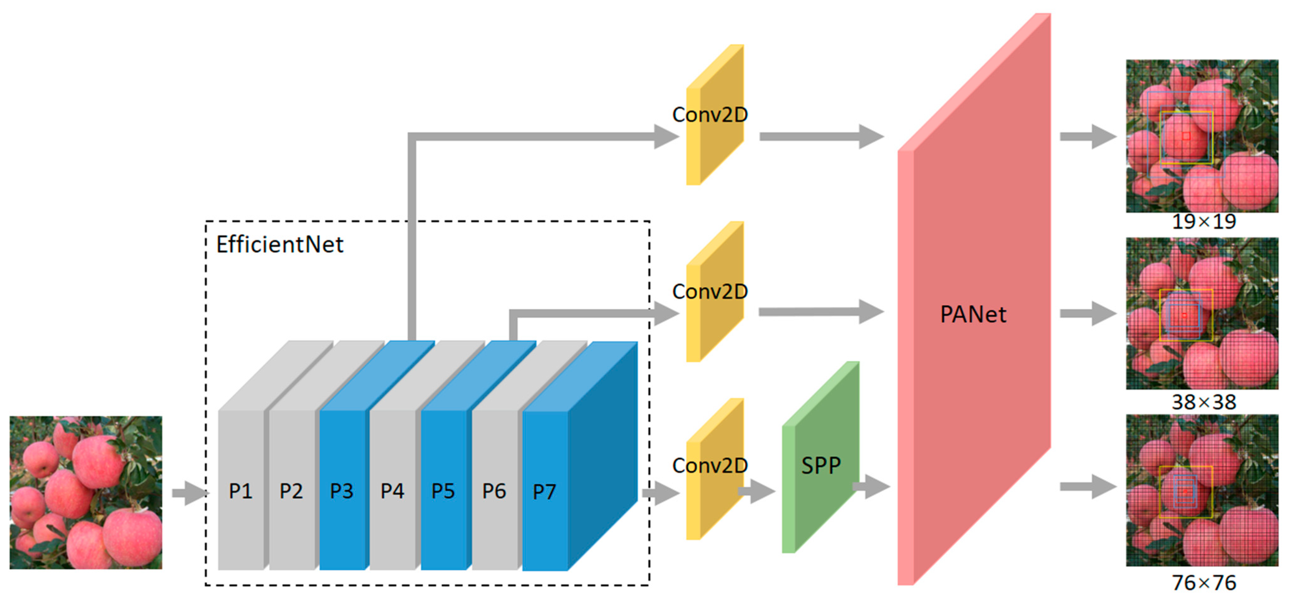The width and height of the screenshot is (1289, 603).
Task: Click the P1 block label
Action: pos(240,491)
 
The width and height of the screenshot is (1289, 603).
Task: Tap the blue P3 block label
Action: pos(342,491)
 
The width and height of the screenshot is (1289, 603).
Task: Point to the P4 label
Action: pos(392,491)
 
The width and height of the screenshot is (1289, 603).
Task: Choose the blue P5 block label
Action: pos(443,491)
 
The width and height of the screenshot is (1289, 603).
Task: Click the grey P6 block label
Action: pos(494,491)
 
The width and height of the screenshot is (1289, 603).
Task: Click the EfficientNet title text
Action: pos(280,244)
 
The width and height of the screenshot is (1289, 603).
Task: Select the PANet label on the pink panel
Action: pos(973,314)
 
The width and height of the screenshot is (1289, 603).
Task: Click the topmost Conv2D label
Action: pos(710,114)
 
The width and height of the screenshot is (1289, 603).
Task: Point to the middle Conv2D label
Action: pos(710,292)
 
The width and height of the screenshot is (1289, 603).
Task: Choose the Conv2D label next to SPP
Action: pos(710,465)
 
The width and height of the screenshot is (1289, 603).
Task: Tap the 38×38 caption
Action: pos(1204,402)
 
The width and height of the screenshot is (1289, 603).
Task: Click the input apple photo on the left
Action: pos(86,492)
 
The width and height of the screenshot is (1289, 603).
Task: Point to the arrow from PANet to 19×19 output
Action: pos(1088,136)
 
